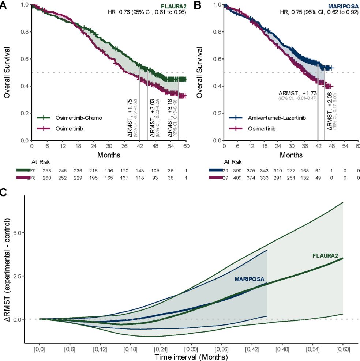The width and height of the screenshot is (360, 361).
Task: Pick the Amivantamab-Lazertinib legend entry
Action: point(271,118)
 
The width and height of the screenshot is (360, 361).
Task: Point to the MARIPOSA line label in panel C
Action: point(249,279)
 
